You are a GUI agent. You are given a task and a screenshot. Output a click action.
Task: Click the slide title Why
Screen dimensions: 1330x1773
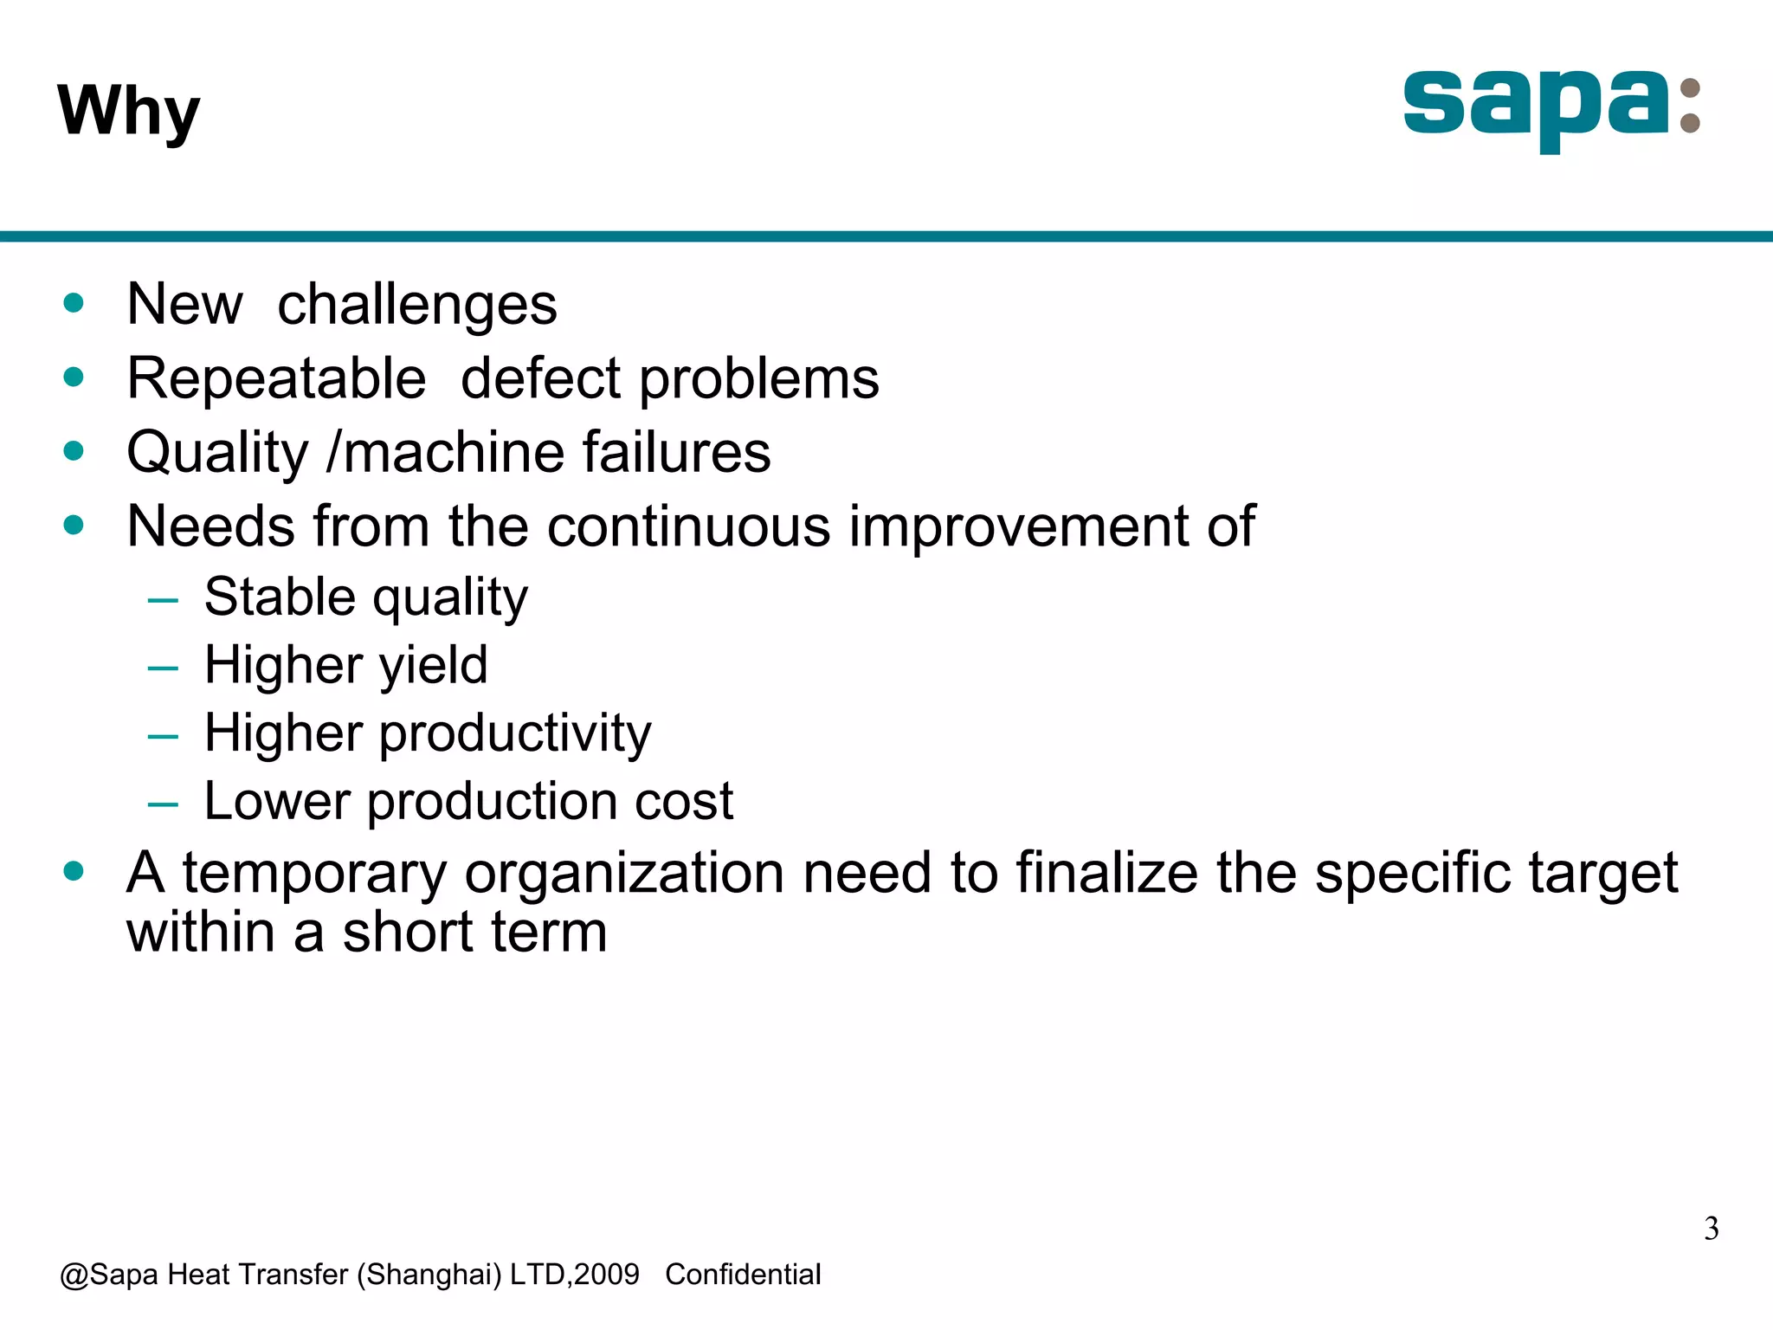[128, 111]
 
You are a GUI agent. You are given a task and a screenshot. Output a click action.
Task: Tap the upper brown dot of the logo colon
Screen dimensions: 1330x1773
[1689, 89]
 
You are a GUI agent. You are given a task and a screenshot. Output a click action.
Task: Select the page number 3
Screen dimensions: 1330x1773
[1711, 1229]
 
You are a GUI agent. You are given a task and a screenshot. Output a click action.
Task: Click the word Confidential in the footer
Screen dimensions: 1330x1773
[743, 1275]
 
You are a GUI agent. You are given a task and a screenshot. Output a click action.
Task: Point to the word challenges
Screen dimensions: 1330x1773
[416, 306]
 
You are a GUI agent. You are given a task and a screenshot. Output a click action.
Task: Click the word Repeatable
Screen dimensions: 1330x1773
[276, 379]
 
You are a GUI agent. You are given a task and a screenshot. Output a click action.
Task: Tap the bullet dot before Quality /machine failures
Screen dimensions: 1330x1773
[74, 451]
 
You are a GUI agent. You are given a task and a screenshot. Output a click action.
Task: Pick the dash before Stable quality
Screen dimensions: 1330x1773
[163, 599]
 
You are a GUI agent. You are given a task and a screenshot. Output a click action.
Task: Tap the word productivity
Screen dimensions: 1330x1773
[515, 734]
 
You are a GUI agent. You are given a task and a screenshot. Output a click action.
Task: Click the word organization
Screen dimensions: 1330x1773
[624, 873]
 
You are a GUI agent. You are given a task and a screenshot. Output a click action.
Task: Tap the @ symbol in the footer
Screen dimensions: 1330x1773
[74, 1275]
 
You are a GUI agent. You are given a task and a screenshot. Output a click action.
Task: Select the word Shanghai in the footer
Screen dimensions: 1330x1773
[429, 1275]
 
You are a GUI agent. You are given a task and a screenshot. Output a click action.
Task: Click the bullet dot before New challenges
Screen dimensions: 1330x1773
[74, 303]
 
